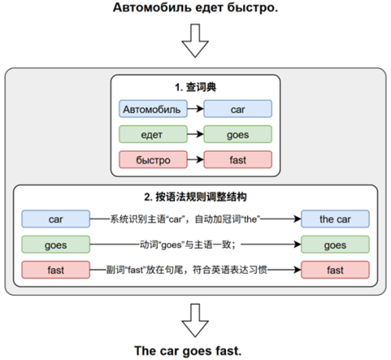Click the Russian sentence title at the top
[x=195, y=8]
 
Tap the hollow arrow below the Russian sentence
[x=195, y=41]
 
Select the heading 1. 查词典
[x=195, y=87]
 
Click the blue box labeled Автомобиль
[x=153, y=109]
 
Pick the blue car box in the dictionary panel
[x=238, y=109]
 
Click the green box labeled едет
[x=153, y=134]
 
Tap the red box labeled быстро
[x=153, y=160]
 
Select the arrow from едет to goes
[x=195, y=134]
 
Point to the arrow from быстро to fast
[x=195, y=160]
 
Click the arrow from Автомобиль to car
[x=195, y=109]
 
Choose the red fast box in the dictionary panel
[x=238, y=160]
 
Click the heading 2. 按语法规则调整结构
[x=195, y=196]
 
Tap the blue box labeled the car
[x=335, y=219]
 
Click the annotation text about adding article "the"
[x=185, y=219]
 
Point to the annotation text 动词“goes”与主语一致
[x=188, y=244]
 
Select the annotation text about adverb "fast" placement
[x=187, y=270]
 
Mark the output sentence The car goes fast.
[x=188, y=351]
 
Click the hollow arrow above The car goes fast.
[x=195, y=320]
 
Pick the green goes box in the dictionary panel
[x=238, y=134]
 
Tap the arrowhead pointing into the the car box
[x=298, y=219]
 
